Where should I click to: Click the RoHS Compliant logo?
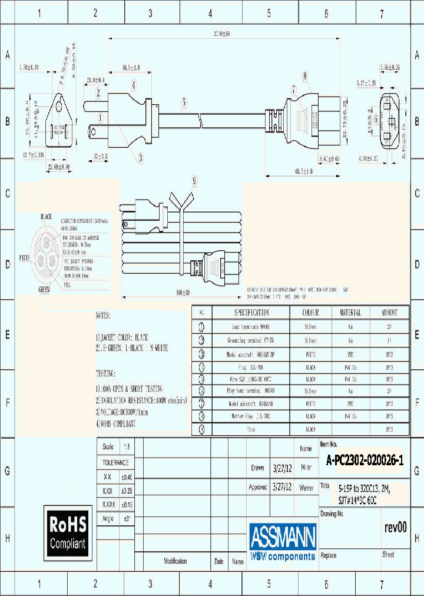click(67, 532)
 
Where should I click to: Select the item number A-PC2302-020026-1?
click(365, 462)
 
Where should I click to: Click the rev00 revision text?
click(395, 528)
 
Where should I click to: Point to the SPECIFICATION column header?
click(251, 313)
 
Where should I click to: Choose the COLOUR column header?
click(310, 313)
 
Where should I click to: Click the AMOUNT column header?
click(389, 313)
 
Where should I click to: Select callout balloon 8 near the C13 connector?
click(305, 75)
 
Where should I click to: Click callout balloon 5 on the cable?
click(184, 101)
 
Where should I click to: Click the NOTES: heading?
click(103, 316)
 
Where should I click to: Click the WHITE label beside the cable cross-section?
click(25, 258)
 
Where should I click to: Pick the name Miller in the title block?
click(306, 468)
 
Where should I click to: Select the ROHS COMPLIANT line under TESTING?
click(115, 423)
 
